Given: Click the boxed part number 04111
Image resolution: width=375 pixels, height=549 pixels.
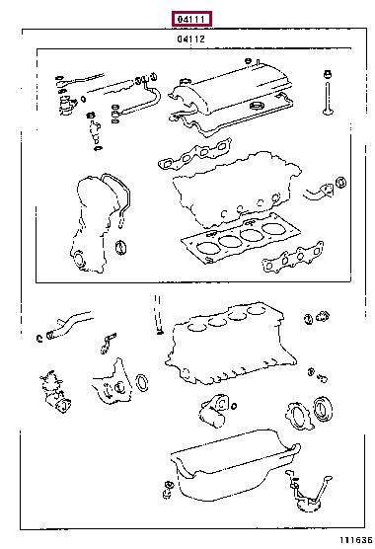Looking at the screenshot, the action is click(191, 19).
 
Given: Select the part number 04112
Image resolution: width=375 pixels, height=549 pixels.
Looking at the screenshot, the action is click(190, 39).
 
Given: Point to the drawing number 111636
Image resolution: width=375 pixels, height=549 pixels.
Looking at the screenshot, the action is click(355, 540).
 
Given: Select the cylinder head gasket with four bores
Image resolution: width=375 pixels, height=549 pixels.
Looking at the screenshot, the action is click(241, 238).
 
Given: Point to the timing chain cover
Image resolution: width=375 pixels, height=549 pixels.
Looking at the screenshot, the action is click(90, 225).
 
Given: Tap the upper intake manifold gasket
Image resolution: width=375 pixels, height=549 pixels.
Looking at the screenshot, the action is click(194, 154).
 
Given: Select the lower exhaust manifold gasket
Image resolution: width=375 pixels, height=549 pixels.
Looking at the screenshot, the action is click(293, 257).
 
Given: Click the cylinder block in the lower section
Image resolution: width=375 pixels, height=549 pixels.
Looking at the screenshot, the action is click(231, 344).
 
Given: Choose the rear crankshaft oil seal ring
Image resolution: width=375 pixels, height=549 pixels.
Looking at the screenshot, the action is click(323, 409).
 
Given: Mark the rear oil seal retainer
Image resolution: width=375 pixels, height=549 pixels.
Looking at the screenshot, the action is click(299, 416).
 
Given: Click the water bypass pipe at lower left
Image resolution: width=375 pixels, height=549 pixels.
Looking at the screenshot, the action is click(68, 325).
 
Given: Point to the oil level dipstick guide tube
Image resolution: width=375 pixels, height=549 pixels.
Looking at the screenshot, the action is click(158, 314).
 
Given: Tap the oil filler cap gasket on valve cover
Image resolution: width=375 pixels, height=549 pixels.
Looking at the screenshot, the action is click(260, 106).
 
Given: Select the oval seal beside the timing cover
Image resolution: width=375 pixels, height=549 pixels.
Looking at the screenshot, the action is click(120, 248).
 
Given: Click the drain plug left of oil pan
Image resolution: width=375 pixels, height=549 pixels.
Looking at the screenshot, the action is click(168, 490).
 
